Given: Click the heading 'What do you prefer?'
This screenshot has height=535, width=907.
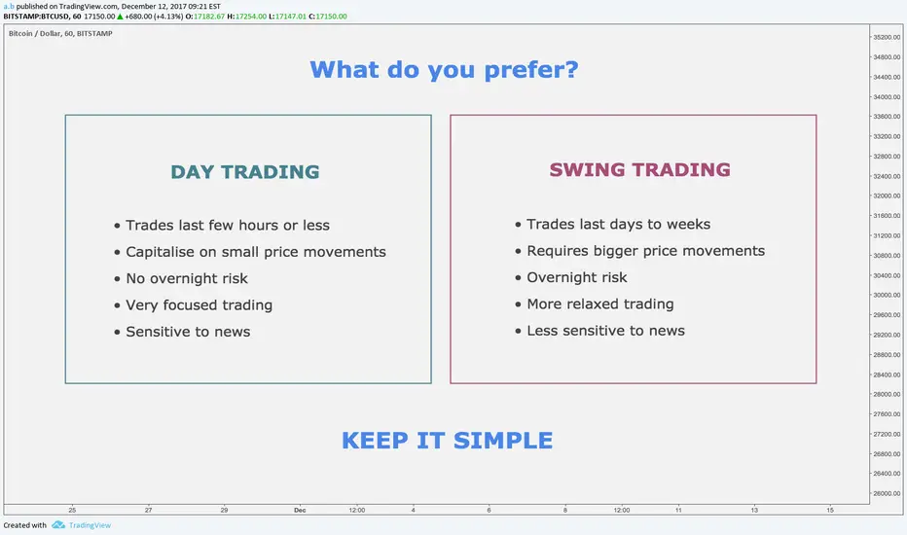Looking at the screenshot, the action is click(x=444, y=71).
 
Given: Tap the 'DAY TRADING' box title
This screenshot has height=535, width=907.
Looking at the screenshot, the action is click(x=244, y=172).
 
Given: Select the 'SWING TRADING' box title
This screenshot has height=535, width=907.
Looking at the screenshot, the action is click(x=639, y=169).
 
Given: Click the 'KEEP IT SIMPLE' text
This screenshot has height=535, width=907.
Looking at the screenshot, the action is click(x=447, y=441).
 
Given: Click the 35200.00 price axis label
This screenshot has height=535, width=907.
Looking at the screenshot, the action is click(x=887, y=37).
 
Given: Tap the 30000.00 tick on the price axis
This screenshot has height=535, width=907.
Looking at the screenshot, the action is click(x=887, y=295).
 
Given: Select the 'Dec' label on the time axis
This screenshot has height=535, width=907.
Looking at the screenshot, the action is click(x=300, y=510).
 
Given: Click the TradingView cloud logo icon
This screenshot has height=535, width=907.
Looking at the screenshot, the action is click(x=58, y=525).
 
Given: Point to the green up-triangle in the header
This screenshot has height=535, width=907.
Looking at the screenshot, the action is click(x=120, y=17).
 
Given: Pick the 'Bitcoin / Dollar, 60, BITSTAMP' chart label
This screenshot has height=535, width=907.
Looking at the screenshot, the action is click(x=60, y=33).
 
